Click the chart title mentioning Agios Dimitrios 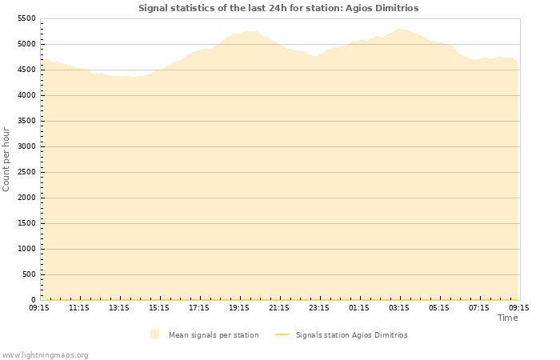[278, 8]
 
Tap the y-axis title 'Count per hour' [6, 159]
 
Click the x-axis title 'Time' [507, 318]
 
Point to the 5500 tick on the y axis [26, 18]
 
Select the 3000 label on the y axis [26, 146]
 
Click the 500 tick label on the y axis [29, 274]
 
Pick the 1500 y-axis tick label [26, 223]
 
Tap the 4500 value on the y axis [26, 70]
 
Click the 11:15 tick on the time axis [79, 307]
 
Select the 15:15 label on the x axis [159, 307]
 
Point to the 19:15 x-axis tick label [239, 307]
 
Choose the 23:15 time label [319, 307]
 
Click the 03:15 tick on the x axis [399, 307]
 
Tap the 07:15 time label [479, 307]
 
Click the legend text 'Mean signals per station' [214, 335]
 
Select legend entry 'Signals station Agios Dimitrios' [351, 335]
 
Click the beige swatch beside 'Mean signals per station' [154, 334]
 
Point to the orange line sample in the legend [281, 335]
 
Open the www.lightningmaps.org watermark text [46, 354]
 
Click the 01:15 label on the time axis [359, 307]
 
